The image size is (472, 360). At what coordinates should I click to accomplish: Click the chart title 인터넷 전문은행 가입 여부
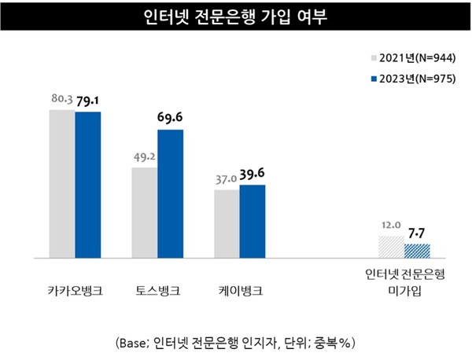(235, 17)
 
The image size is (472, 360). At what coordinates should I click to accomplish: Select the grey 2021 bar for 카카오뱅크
(62, 183)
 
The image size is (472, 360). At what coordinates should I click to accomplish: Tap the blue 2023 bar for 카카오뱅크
(88, 185)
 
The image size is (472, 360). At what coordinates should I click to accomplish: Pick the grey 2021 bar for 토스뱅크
(144, 212)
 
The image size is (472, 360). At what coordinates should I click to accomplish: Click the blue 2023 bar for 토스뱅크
(170, 193)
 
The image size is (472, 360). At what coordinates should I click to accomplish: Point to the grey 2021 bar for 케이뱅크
(227, 223)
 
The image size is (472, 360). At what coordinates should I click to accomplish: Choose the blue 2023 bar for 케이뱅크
(253, 221)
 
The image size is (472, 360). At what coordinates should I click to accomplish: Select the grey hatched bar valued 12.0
(391, 247)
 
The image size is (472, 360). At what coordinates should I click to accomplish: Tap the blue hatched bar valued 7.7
(417, 251)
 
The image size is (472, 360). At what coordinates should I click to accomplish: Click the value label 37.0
(225, 179)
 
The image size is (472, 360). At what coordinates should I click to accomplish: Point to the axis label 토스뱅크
(157, 291)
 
